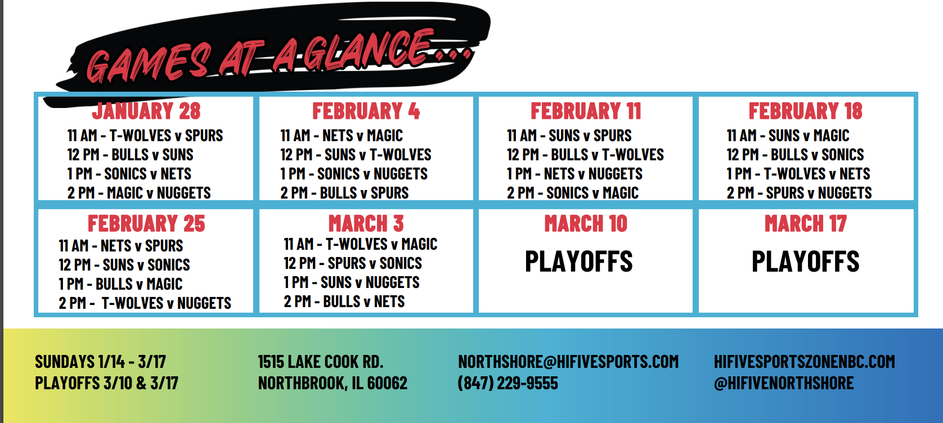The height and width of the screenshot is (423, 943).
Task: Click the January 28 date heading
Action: [x=146, y=111]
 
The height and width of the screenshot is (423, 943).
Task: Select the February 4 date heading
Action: [x=366, y=111]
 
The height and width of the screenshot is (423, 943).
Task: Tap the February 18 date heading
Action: [x=805, y=111]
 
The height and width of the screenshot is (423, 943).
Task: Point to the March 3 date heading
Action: [x=366, y=223]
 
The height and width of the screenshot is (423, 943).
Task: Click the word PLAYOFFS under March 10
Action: [x=579, y=261]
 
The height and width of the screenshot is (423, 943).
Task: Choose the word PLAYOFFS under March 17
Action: [x=805, y=261]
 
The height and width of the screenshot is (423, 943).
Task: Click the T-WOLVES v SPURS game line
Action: [x=145, y=136]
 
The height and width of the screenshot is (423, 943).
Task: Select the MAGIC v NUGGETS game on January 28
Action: [x=139, y=193]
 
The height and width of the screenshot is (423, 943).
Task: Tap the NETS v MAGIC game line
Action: [x=342, y=136]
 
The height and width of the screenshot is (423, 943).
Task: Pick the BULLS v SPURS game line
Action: [x=344, y=193]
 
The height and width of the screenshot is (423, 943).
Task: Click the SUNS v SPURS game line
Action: [x=569, y=136]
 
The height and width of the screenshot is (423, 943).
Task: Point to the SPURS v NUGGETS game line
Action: [x=799, y=193]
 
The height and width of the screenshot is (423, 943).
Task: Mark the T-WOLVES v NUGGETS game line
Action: [x=145, y=303]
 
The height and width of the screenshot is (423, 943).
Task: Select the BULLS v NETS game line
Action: [x=344, y=301]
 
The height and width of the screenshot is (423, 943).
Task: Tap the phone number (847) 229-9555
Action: [x=508, y=383]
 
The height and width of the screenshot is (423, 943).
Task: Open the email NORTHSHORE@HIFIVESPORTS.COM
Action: [x=568, y=362]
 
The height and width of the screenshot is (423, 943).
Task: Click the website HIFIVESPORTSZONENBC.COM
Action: [x=805, y=362]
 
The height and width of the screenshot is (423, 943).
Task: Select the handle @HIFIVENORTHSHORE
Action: [x=784, y=383]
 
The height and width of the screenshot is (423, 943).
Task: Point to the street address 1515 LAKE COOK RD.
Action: [x=320, y=362]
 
